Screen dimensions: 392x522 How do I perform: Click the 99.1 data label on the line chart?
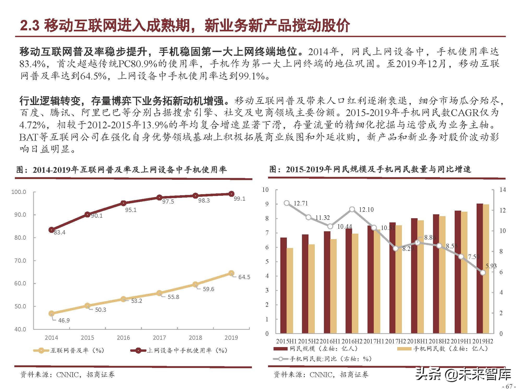pos(239,199)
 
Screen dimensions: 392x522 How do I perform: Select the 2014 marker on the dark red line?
pos(51,230)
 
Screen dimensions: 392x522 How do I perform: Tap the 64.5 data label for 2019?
pos(244,277)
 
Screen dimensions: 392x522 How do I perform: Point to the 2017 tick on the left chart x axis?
pos(159,338)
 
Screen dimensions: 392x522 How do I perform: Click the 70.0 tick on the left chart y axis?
pos(20,261)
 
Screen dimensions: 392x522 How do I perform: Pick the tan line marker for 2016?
pos(123,299)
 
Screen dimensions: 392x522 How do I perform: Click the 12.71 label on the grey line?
pos(301,203)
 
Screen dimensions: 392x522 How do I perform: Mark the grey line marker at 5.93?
pos(483,273)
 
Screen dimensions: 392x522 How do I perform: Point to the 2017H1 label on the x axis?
pos(374,341)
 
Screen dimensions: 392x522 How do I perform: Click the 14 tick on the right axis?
pos(502,190)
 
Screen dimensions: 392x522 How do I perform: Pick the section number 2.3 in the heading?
pos(29,26)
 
